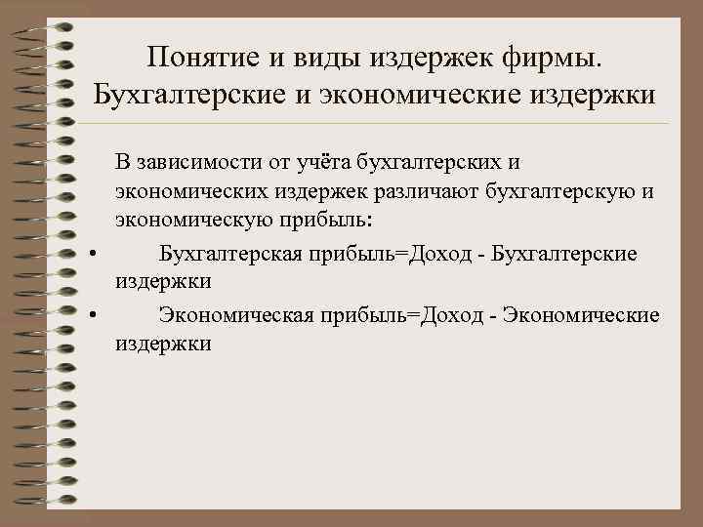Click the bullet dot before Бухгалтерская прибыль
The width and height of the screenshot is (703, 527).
pos(91,255)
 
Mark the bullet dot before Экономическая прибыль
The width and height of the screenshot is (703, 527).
pos(91,315)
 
